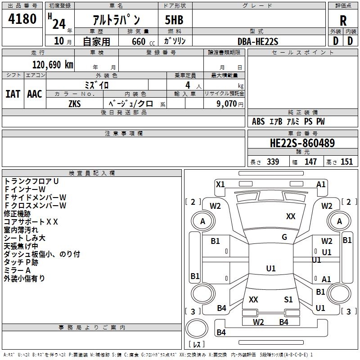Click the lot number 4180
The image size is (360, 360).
pos(22,19)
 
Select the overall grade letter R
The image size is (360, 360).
pos(343,21)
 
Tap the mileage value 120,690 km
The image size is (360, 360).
pos(53,65)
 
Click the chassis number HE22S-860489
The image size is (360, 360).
pos(302,143)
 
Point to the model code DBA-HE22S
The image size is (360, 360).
pos(258,41)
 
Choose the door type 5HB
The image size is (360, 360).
pos(174,20)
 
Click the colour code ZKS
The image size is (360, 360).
pos(75,104)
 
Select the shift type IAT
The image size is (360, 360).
pos(13,94)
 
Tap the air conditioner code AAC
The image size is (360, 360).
pos(35,94)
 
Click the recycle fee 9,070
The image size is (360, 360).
pos(227,104)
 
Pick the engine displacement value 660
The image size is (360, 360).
pos(139,41)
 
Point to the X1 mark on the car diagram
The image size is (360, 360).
pos(220,184)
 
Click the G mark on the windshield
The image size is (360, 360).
pos(284,237)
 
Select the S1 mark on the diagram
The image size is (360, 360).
pos(288,300)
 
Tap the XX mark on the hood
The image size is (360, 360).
pos(291,216)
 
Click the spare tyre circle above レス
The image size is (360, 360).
pos(197,328)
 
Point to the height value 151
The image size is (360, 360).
pos(346,162)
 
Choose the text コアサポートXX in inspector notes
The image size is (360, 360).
pos(31,222)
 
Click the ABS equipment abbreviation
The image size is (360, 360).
pos(258,121)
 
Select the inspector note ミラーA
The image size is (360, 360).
pos(17,270)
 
